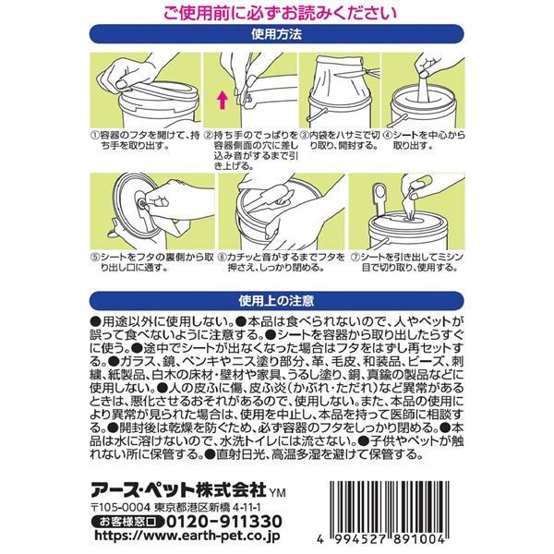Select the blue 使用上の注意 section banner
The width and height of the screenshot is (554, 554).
[x=276, y=300]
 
